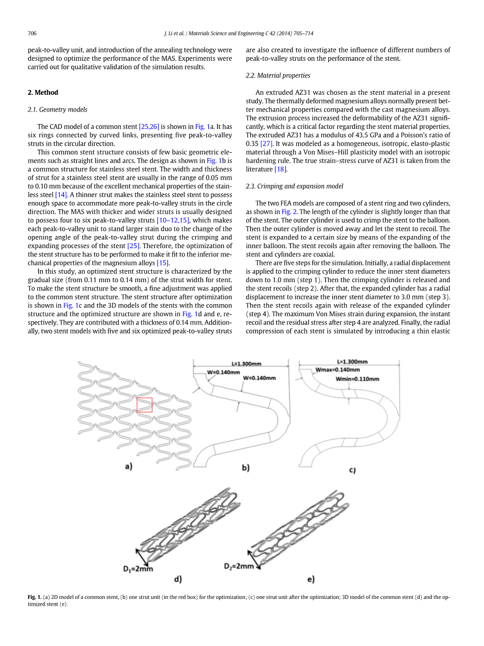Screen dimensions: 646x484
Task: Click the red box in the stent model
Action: pos(144,405)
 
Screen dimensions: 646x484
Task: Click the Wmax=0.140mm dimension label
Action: pos(337,370)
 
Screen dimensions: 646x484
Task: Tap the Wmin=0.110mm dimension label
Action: pos(357,379)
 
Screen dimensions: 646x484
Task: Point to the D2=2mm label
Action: pos(239,566)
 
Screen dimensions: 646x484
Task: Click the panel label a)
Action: pos(128,466)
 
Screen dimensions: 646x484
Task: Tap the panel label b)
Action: pos(245,468)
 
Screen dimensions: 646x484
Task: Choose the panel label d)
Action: pos(178,579)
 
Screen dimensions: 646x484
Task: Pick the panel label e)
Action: pos(311,579)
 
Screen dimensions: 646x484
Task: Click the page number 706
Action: pos(32,34)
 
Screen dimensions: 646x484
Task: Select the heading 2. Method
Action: pos(43,93)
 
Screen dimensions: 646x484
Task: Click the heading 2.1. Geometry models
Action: pos(58,109)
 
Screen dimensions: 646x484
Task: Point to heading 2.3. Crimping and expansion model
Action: pos(295,186)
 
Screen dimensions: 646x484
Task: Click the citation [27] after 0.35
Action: pos(266,143)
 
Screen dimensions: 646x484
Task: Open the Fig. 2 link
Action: pos(289,211)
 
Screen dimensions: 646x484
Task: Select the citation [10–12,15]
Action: pos(173,220)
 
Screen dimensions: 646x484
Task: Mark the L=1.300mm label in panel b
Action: pos(246,363)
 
